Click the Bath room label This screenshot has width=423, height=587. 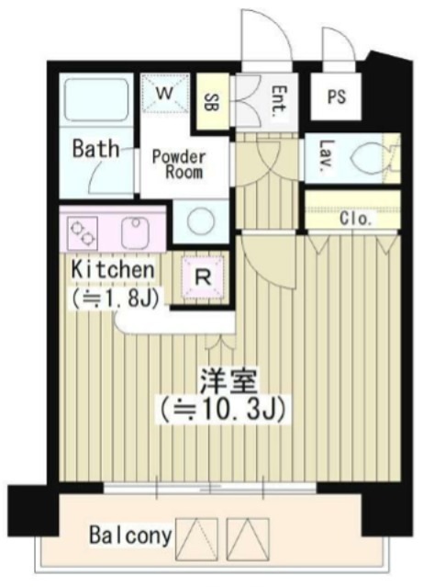pyautogui.click(x=95, y=148)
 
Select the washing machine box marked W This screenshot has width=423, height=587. pyautogui.click(x=164, y=92)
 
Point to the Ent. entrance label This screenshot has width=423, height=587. pyautogui.click(x=277, y=96)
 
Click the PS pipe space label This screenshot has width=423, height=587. pyautogui.click(x=337, y=96)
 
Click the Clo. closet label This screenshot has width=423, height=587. pyautogui.click(x=355, y=219)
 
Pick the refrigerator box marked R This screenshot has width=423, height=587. pyautogui.click(x=201, y=274)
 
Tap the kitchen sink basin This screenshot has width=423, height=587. pyautogui.click(x=135, y=229)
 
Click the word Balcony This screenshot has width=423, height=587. pyautogui.click(x=129, y=535)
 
